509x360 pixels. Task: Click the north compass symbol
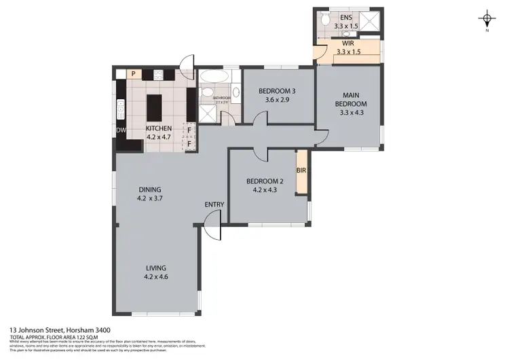click(487, 19)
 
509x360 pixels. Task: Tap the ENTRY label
click(214, 204)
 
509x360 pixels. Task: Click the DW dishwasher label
click(121, 130)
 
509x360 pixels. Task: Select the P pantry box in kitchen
click(133, 73)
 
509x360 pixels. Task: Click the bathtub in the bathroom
click(216, 76)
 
